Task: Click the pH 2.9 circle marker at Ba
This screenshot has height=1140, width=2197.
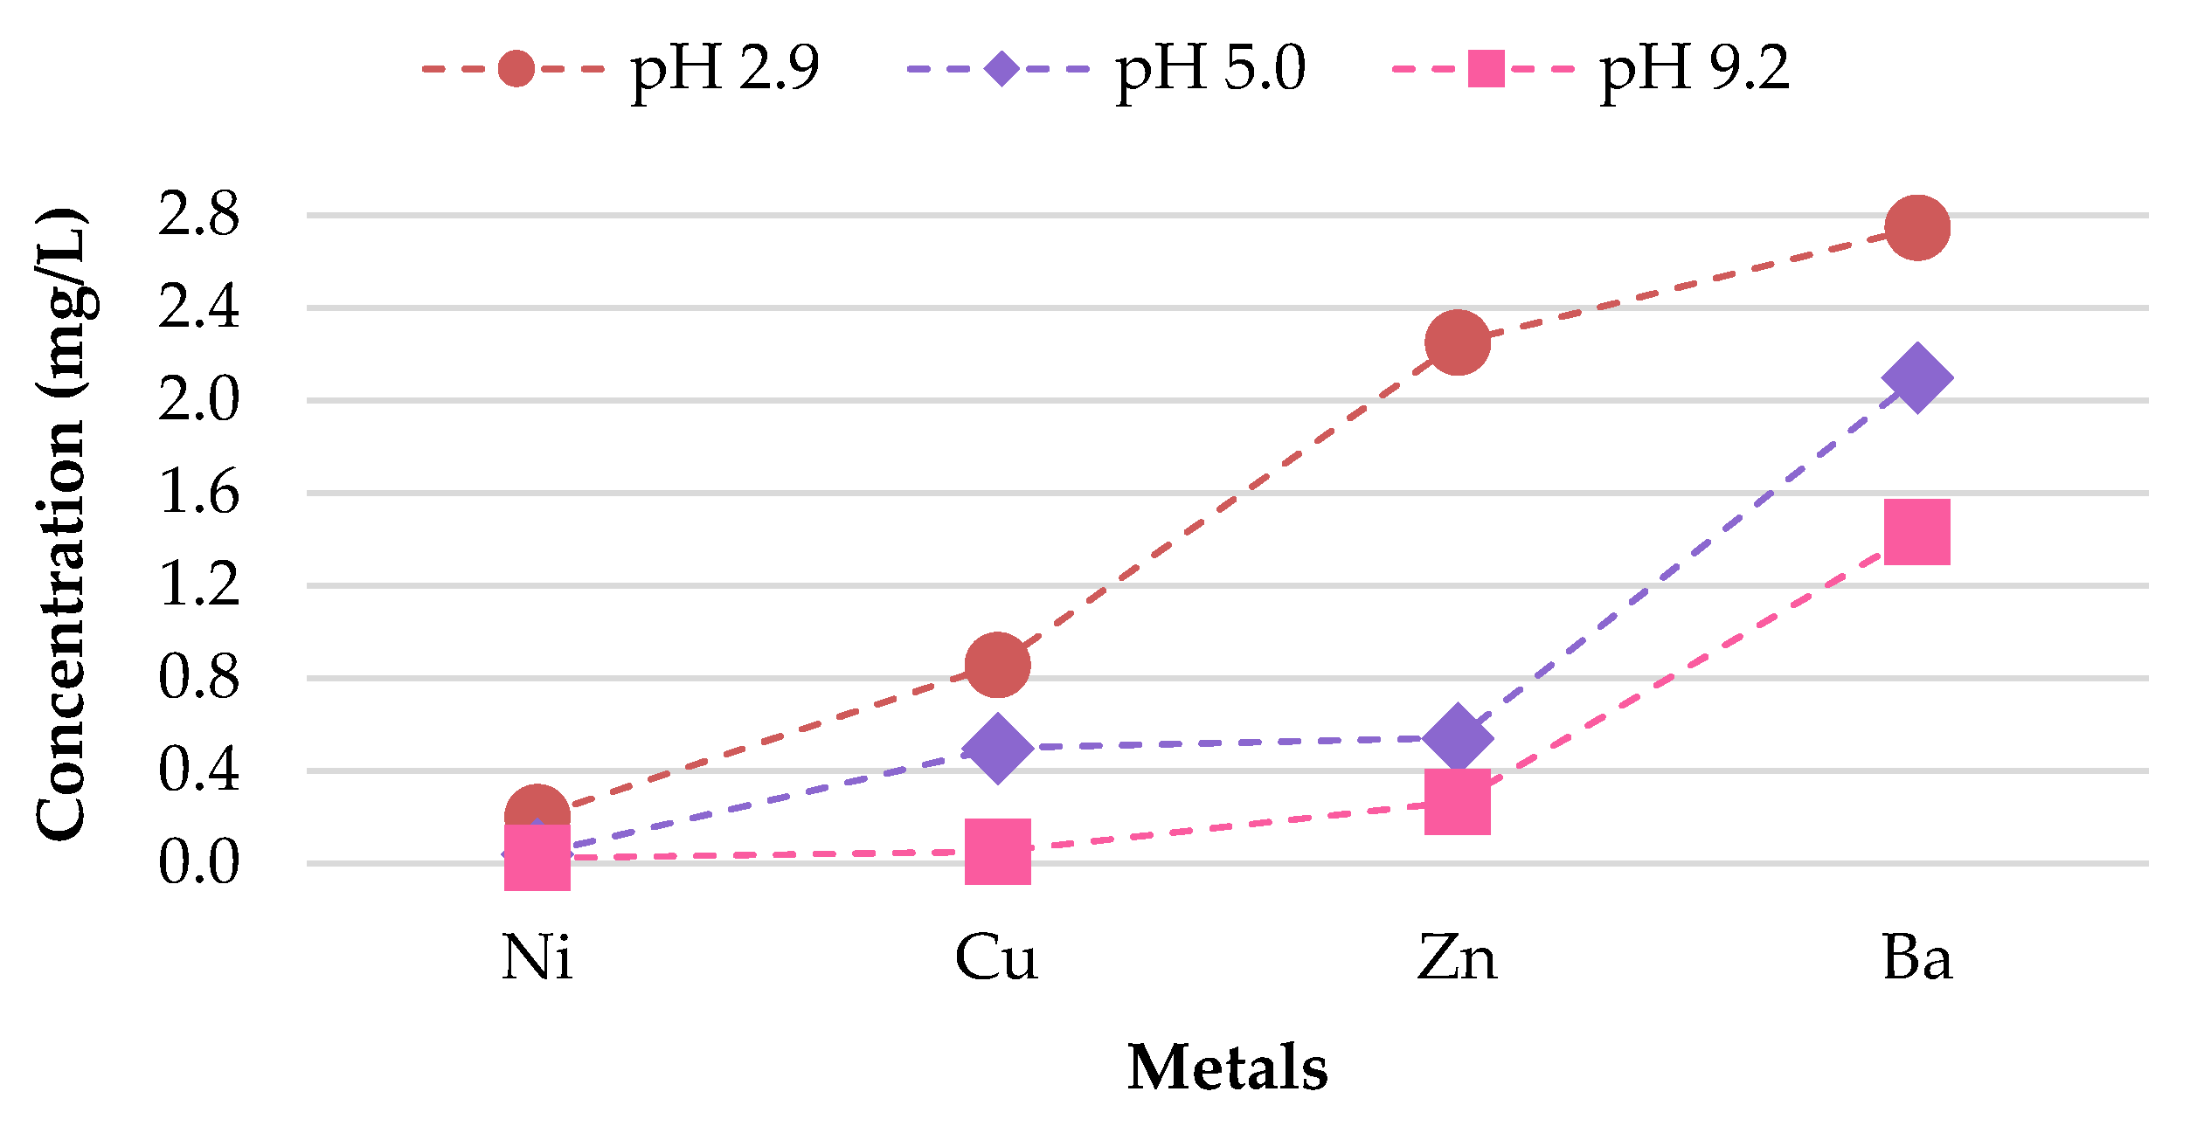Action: [x=1917, y=228]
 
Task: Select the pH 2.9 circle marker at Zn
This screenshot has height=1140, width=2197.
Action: [x=1457, y=342]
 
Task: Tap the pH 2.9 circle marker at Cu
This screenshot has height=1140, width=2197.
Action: [x=997, y=665]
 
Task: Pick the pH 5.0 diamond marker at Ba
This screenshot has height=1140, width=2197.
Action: [x=1917, y=378]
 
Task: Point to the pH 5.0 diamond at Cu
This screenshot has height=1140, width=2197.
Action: [x=997, y=748]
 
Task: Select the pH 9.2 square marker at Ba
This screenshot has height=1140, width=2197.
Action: [x=1917, y=532]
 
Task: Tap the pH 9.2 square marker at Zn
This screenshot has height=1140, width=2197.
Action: [x=1457, y=802]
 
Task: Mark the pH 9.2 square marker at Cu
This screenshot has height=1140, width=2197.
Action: [x=997, y=852]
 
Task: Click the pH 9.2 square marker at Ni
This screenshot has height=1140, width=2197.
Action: [x=537, y=858]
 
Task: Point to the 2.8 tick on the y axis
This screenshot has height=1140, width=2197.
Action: [x=198, y=215]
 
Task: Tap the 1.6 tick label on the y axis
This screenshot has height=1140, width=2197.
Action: [x=198, y=493]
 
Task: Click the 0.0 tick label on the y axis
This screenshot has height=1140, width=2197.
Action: [x=198, y=862]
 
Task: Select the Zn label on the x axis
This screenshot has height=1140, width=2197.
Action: [x=1457, y=959]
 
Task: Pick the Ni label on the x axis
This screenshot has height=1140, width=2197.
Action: [x=537, y=959]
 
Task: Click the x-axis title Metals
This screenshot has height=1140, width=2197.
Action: [x=1227, y=1068]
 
